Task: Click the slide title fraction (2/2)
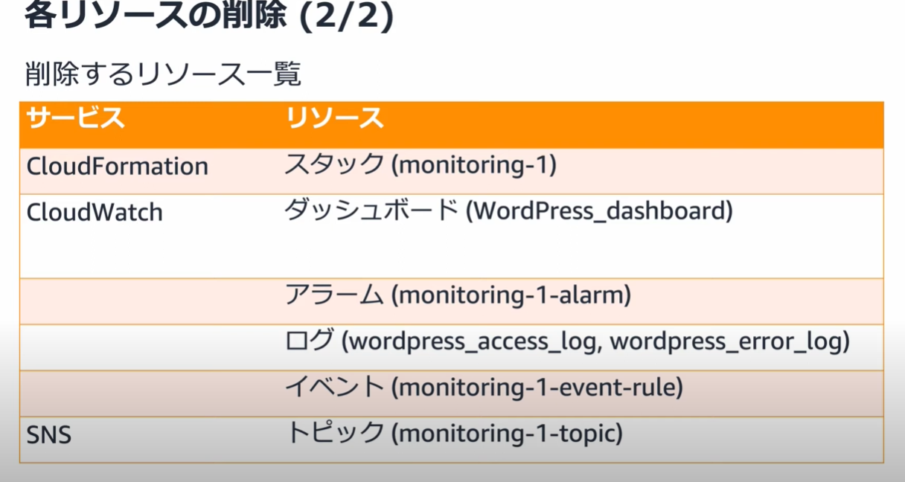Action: coord(347,16)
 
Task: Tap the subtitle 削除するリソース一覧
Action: coord(163,74)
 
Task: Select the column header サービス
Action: coord(76,118)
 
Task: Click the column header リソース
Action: coord(334,118)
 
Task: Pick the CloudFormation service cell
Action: coord(117,166)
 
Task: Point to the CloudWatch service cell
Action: coord(95,212)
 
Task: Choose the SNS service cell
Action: coord(49,435)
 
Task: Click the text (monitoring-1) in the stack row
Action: coord(474,165)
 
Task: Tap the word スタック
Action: coord(334,164)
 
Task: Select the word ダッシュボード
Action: coord(371,210)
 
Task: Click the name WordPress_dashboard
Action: coord(599,211)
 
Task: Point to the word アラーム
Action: coord(334,294)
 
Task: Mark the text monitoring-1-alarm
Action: coord(511,295)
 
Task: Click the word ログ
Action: coord(310,340)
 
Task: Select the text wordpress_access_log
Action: coord(473,341)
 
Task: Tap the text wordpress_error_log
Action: coord(726,341)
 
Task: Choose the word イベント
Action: coord(334,386)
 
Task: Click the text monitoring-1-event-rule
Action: coord(537,387)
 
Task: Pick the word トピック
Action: coord(334,432)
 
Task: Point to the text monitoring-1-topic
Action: coord(507,434)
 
